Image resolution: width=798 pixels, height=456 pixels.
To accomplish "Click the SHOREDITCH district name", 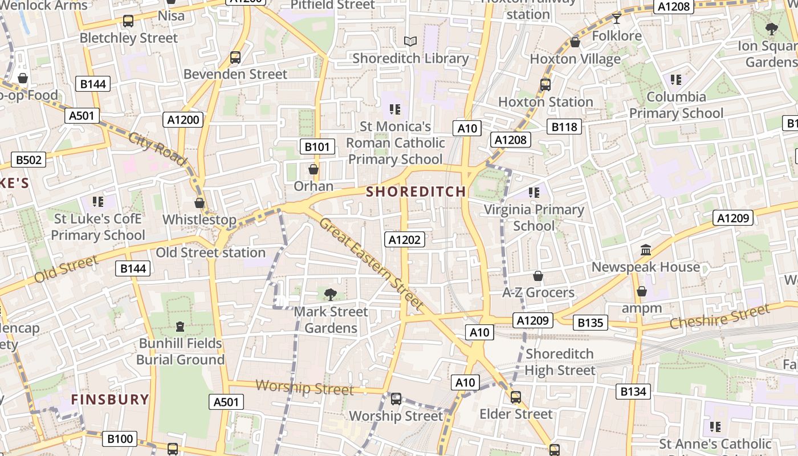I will click(416, 192).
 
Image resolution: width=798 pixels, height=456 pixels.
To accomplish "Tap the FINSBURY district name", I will click(110, 399).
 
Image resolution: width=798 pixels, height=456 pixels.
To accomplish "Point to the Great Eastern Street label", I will click(371, 264).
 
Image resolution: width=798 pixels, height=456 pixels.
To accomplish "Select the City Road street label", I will click(157, 149).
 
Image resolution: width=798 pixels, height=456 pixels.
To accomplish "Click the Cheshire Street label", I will click(719, 317).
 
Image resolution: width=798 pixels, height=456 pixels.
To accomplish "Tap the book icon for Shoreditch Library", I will click(410, 41).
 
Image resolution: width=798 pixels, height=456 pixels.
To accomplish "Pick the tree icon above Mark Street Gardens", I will click(330, 294).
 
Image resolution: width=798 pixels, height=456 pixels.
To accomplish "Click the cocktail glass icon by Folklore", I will click(616, 18).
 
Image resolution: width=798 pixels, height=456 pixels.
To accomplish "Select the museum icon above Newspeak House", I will click(646, 250).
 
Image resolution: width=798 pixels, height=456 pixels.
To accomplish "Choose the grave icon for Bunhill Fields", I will click(180, 327).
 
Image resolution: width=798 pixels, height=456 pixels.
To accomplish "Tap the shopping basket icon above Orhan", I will click(313, 169).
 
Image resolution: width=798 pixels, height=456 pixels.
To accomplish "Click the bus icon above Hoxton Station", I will click(545, 85).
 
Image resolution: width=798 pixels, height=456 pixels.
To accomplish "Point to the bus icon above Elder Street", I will click(516, 397).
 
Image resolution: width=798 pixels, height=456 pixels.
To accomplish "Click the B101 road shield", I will click(317, 146).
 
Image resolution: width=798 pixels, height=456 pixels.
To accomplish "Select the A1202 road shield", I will click(405, 240).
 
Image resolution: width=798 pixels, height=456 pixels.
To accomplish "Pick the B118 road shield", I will click(564, 127).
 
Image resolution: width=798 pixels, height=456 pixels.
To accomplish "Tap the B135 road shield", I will click(590, 323).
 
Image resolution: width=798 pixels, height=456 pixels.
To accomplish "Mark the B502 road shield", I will click(28, 160).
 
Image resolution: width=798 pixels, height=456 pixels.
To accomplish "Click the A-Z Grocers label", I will click(538, 292).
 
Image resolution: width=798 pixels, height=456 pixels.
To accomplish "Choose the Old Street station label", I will click(211, 252).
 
